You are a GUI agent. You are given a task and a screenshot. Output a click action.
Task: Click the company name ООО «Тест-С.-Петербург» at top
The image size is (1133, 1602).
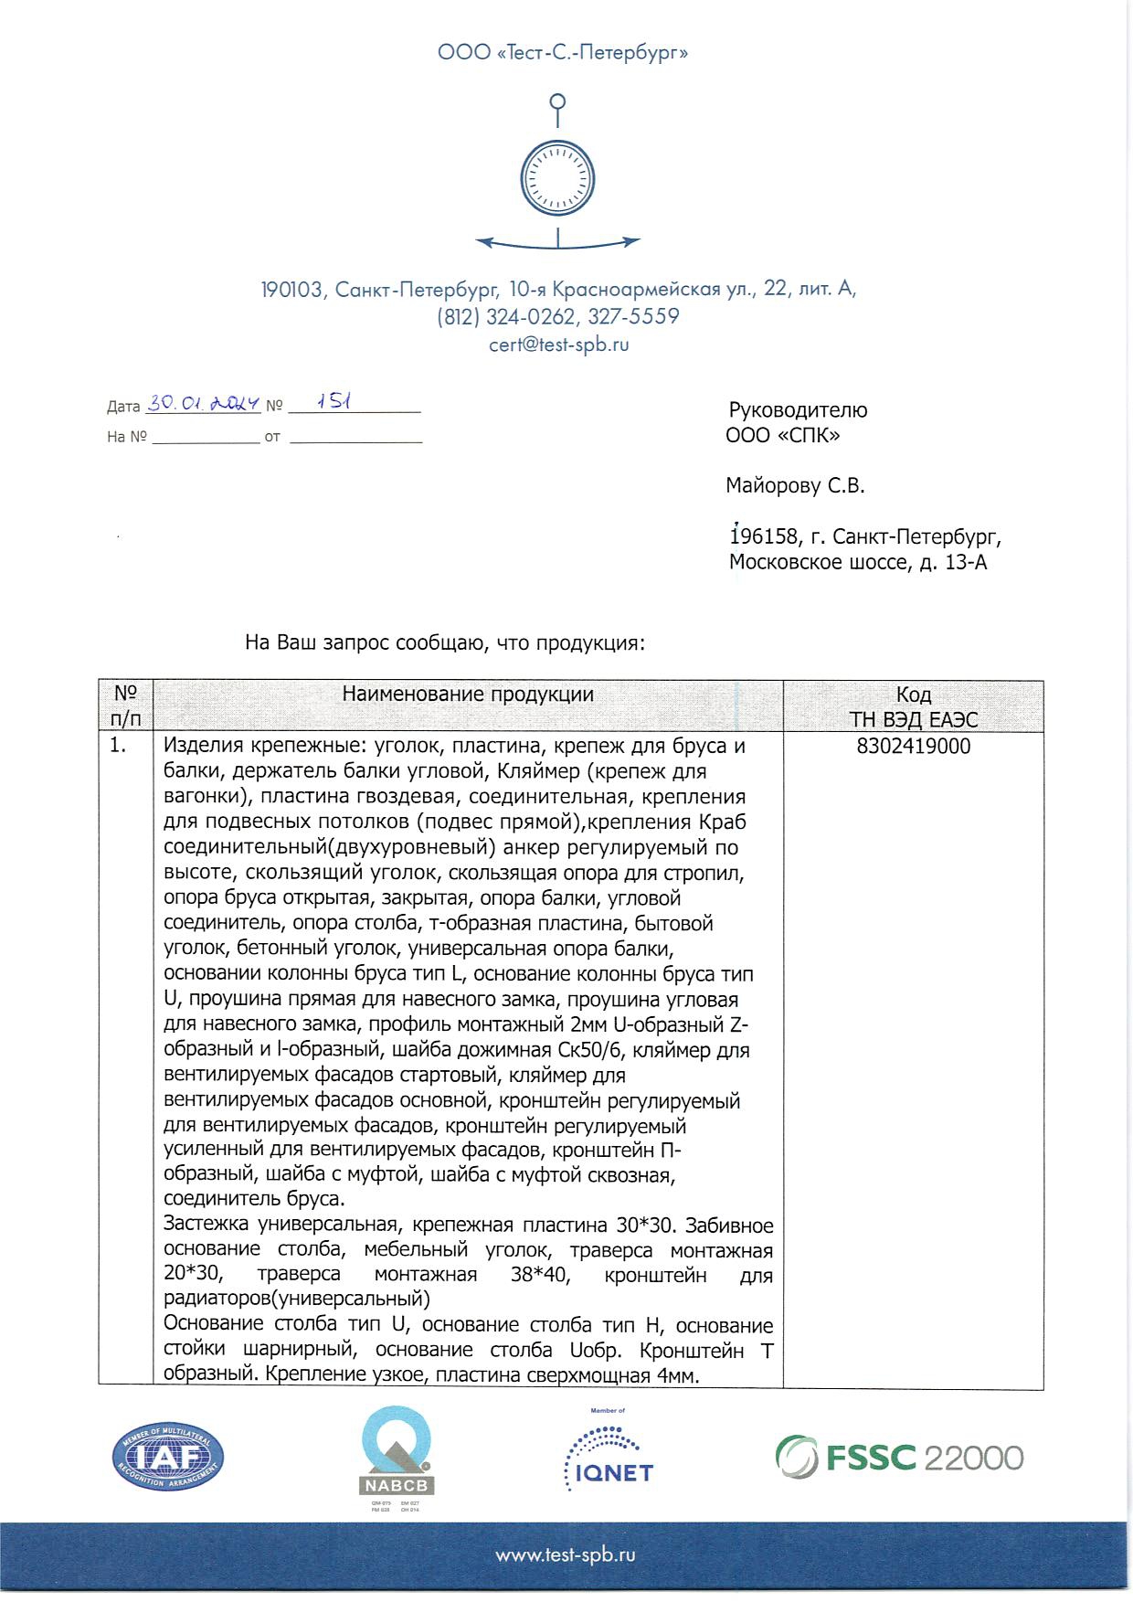562,53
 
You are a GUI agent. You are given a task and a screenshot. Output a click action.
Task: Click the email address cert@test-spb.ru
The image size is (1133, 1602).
558,345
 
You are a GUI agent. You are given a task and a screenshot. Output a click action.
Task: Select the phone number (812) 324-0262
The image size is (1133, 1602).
505,317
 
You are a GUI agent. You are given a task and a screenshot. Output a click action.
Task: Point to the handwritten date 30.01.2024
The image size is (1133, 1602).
204,403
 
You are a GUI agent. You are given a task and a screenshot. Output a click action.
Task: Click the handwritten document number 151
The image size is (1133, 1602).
334,401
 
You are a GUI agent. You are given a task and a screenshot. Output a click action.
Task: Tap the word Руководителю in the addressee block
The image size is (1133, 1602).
798,410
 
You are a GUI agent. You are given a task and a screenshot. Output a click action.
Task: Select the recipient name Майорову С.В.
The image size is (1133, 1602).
795,486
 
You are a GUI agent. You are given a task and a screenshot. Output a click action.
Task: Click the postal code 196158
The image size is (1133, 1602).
763,536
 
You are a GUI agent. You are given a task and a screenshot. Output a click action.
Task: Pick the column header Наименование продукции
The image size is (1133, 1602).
468,694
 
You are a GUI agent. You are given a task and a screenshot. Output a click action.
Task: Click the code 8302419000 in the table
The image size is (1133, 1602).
913,747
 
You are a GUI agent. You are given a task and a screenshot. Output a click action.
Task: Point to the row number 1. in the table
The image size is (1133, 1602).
118,746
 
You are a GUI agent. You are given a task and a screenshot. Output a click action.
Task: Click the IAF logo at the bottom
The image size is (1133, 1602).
168,1457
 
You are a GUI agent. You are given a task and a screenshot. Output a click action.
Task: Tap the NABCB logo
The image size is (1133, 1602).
397,1453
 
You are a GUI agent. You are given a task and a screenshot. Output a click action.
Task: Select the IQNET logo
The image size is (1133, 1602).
608,1459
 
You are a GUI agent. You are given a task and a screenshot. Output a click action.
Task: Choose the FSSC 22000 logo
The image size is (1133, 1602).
899,1457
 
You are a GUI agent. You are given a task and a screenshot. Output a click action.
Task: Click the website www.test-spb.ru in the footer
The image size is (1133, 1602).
566,1554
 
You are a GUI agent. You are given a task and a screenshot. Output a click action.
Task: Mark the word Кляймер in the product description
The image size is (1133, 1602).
545,771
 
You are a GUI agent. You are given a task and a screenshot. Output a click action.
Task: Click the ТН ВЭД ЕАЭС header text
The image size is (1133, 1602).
913,719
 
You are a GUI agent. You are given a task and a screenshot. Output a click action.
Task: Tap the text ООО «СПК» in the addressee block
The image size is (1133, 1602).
782,436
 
